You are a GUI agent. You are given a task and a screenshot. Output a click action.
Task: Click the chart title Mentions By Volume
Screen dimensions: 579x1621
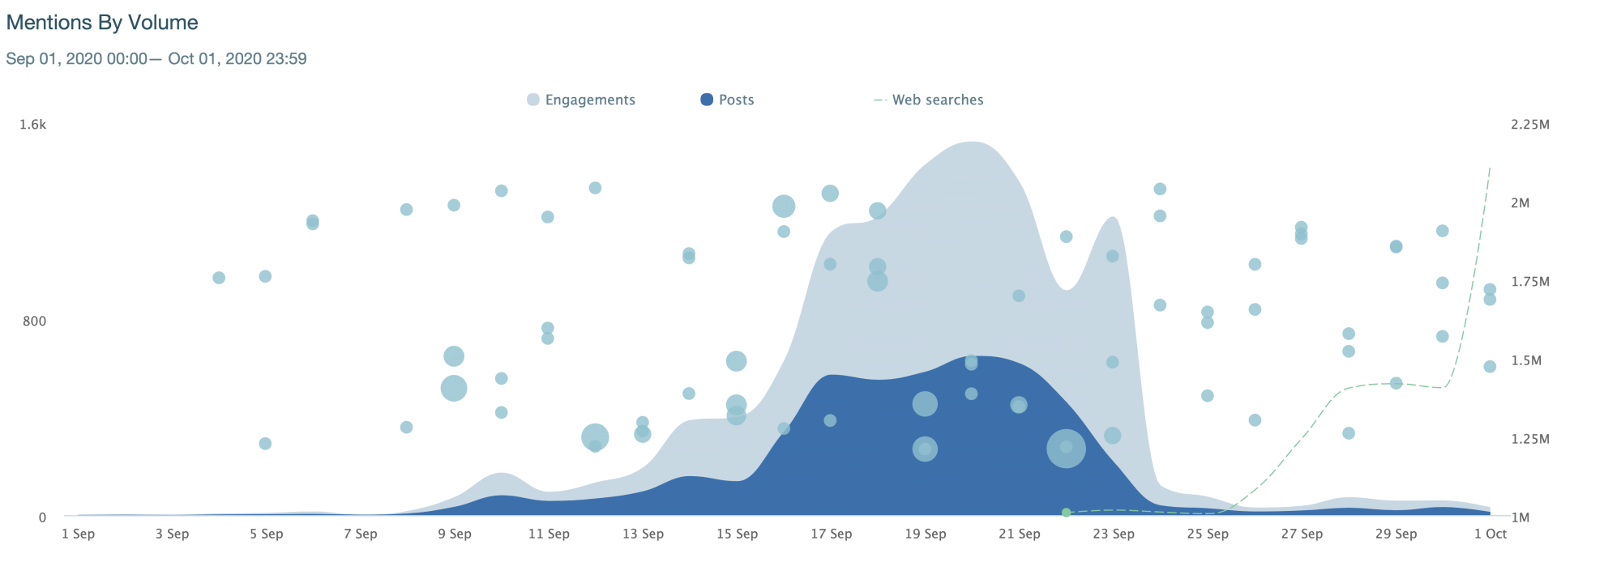pos(102,23)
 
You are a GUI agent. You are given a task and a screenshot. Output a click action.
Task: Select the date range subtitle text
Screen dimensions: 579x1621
pos(156,58)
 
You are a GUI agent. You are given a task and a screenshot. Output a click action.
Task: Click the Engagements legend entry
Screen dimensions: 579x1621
pos(589,100)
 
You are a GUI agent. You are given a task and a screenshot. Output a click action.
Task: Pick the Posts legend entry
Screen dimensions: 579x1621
pos(735,100)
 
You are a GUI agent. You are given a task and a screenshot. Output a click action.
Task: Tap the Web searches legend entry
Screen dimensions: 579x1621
pos(937,100)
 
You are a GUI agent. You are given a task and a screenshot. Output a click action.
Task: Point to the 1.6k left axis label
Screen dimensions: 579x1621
pos(33,125)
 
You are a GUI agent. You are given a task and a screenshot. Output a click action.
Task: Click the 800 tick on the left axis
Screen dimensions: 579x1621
pos(33,321)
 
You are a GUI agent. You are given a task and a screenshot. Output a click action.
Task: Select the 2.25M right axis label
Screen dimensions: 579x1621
pos(1530,125)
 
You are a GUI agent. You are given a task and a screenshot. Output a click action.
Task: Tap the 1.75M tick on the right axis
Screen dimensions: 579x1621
pos(1530,282)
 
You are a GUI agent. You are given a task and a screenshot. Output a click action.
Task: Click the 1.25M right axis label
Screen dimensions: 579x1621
pos(1530,439)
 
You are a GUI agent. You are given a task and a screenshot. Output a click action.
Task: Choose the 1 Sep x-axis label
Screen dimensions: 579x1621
pos(78,534)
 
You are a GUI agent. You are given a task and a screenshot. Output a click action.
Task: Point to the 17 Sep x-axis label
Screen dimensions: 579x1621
pos(831,534)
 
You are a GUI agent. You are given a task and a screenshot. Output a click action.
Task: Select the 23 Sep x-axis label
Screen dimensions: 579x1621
pos(1113,534)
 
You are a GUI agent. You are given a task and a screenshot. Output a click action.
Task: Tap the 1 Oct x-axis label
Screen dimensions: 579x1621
pos(1490,534)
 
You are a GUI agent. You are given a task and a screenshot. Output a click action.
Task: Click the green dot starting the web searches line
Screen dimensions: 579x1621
pos(1066,513)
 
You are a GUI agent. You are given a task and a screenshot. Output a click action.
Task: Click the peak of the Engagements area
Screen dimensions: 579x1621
pos(973,143)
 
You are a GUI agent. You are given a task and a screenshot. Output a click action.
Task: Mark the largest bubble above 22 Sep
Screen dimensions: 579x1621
pos(1066,449)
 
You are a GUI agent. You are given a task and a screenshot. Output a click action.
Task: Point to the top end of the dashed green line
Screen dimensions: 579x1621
pos(1491,167)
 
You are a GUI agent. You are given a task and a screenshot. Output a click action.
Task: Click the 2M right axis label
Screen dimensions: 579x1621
pos(1520,203)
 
